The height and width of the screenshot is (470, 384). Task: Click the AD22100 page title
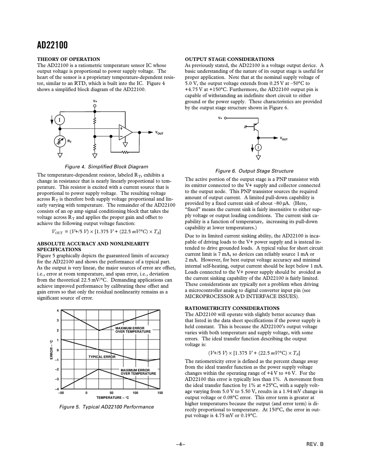click(x=52, y=45)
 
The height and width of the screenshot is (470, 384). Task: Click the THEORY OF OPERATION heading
click(x=68, y=59)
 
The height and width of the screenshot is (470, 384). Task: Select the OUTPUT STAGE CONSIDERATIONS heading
click(x=229, y=59)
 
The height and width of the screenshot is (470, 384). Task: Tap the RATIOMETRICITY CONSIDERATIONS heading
click(x=232, y=308)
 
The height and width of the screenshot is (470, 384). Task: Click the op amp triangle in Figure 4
click(x=125, y=132)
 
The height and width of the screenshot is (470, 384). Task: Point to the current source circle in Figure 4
click(x=60, y=120)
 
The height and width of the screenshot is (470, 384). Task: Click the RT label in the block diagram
click(x=69, y=141)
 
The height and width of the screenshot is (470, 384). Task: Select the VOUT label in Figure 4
click(x=159, y=133)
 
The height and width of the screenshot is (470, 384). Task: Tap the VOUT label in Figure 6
click(x=284, y=138)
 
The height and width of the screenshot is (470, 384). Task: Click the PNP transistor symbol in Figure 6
click(x=256, y=126)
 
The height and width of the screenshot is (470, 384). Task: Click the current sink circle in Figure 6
click(x=258, y=147)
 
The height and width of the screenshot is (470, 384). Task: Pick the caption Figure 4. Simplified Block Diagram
click(x=107, y=167)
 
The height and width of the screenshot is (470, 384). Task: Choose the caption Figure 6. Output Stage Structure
click(x=254, y=171)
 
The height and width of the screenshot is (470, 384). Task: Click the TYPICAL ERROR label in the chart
click(x=102, y=357)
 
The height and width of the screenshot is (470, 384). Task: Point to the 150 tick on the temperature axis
click(x=160, y=393)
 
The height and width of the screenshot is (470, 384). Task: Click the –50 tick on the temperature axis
click(x=61, y=393)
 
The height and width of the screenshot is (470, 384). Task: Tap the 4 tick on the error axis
click(x=58, y=310)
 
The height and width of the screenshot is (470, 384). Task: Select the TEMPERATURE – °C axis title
click(x=113, y=398)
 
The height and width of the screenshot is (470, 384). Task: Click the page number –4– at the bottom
click(x=181, y=444)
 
